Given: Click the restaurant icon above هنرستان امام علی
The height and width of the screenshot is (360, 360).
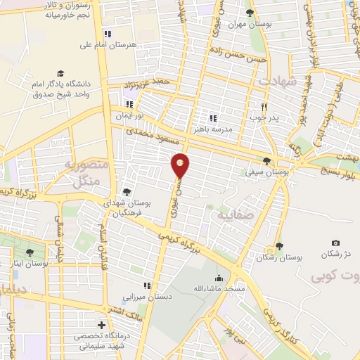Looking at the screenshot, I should pyautogui.click(x=107, y=33).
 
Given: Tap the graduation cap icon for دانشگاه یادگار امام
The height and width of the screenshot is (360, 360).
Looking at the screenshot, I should pyautogui.click(x=61, y=73).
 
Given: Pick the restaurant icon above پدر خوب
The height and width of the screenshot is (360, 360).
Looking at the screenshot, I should pyautogui.click(x=264, y=106).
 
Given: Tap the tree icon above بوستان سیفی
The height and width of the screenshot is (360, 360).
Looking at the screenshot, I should pyautogui.click(x=266, y=161).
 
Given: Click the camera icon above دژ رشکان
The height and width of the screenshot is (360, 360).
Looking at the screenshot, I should pyautogui.click(x=335, y=243).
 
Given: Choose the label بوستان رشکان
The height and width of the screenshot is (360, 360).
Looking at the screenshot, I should pyautogui.click(x=279, y=258).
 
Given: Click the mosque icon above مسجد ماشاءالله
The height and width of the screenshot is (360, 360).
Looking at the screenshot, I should pyautogui.click(x=220, y=277).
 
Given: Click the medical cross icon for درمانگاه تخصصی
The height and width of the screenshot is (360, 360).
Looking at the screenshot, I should pyautogui.click(x=103, y=326).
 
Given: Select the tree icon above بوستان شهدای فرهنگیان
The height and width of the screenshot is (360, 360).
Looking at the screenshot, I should pyautogui.click(x=127, y=191).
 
